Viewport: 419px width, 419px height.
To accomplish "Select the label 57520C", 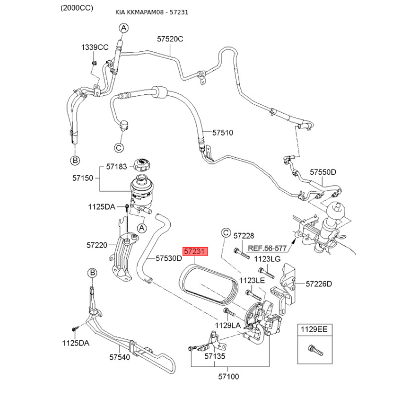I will (170, 39).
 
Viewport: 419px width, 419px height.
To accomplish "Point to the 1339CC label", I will (94, 48).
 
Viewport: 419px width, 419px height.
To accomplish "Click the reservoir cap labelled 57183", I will (141, 165).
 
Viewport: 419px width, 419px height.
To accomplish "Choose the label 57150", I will (82, 178).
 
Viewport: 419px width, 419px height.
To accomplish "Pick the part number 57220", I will (96, 245).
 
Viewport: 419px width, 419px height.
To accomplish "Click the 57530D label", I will (169, 258).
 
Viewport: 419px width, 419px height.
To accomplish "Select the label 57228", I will (244, 236).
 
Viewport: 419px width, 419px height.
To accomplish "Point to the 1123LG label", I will (267, 259).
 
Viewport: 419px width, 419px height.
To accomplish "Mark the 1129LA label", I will (228, 325).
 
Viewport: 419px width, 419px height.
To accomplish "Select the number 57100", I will (228, 377).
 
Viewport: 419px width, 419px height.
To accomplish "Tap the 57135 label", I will (215, 356).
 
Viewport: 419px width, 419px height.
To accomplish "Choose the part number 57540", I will (120, 357).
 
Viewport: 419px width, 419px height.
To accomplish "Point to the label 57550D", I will (323, 172).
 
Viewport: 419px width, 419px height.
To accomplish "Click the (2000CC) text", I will (76, 8).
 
